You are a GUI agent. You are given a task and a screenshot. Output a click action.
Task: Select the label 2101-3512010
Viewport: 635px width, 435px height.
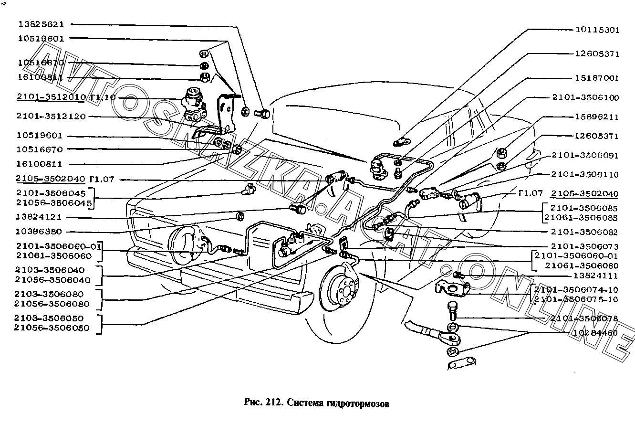[51, 97]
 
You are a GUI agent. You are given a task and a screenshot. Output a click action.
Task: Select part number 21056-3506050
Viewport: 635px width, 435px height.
[52, 328]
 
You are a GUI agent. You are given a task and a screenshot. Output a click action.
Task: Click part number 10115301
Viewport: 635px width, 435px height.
[596, 30]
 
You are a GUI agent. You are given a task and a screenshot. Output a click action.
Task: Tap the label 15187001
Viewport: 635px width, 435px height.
[596, 78]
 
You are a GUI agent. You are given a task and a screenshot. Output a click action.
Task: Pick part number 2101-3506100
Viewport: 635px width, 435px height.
[585, 97]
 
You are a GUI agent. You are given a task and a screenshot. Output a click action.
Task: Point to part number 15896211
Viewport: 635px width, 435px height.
[596, 117]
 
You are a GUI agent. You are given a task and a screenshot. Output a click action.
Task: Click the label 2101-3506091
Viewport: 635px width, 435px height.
[584, 155]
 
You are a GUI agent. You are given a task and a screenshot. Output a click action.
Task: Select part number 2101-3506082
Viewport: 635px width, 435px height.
[584, 232]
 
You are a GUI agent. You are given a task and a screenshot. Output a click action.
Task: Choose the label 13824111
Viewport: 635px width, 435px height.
[596, 276]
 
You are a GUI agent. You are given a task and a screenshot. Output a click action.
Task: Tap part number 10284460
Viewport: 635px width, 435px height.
[596, 333]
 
